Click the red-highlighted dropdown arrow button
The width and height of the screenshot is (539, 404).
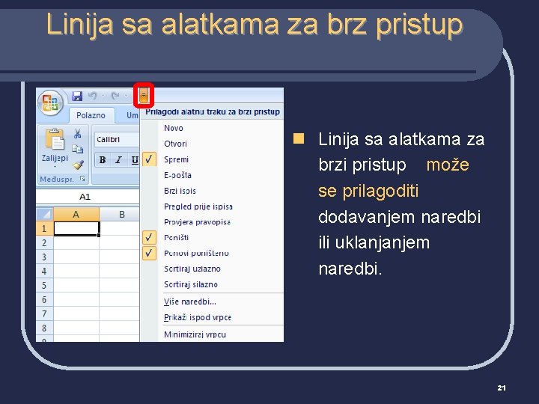point(144,96)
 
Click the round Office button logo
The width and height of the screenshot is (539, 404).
point(51,102)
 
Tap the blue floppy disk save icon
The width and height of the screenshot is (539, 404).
point(76,96)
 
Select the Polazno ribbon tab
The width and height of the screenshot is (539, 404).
point(91,115)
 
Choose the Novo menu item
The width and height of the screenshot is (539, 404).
point(174,128)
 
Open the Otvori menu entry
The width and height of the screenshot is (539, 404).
point(176,144)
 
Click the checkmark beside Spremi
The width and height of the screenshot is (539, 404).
point(150,159)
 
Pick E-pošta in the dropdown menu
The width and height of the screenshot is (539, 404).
point(178,175)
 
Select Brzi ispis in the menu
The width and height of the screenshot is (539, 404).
point(180,191)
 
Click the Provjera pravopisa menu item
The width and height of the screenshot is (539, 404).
point(198,221)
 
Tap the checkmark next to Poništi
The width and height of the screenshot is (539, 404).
point(150,237)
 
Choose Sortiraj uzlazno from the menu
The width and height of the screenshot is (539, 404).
point(192,269)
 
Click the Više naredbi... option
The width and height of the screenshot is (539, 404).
point(190,302)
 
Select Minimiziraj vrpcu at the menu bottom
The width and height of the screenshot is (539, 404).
point(195,334)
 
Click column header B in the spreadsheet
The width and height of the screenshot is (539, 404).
point(122,215)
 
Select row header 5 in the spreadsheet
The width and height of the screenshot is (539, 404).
point(44,285)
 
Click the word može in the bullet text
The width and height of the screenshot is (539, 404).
point(448,165)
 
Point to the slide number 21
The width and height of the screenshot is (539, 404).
point(502,388)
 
